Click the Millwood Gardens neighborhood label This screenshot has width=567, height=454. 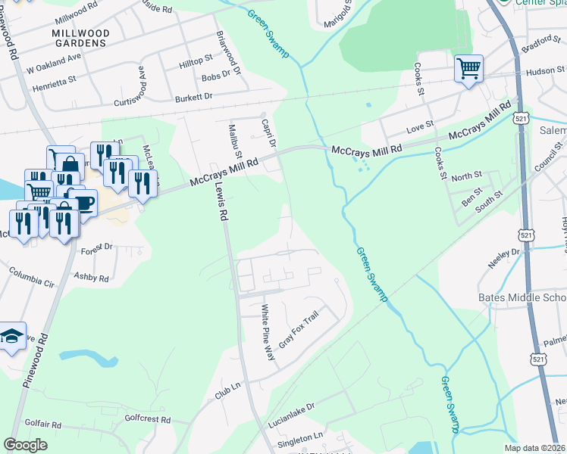(x=80, y=39)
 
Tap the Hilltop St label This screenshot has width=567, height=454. (x=196, y=61)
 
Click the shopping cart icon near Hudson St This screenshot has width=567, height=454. (x=469, y=70)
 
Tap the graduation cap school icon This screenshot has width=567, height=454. (x=11, y=338)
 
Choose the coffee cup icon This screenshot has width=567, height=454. (x=83, y=203)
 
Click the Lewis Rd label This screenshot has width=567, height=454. (x=220, y=204)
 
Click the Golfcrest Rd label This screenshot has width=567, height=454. (x=148, y=418)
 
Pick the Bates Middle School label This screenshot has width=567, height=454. (x=522, y=297)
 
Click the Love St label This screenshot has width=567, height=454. (x=419, y=124)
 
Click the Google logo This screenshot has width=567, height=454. (x=26, y=445)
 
